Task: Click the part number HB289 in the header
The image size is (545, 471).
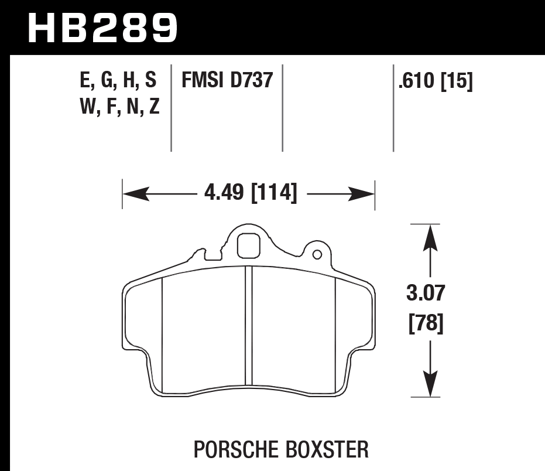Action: coord(102,28)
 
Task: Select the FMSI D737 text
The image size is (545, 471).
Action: coord(228,80)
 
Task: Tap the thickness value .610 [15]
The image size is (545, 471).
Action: coord(435,81)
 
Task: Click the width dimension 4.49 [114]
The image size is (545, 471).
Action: coord(251,192)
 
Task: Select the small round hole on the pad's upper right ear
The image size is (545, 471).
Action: coord(317,255)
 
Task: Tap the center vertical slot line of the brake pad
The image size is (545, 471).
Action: coord(248,328)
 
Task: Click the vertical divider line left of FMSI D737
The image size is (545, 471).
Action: coord(171,108)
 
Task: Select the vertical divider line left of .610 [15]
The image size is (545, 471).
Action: coord(393,108)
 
